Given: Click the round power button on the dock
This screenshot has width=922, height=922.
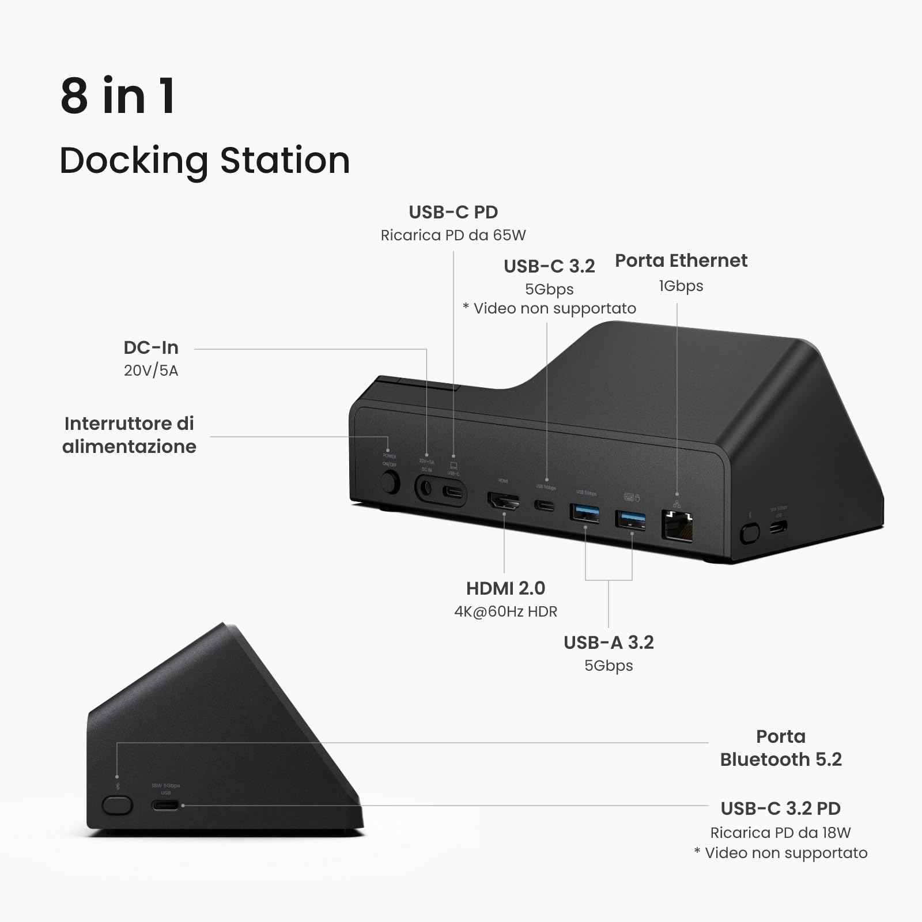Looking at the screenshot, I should [390, 483].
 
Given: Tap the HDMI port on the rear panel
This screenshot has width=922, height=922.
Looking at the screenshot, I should [504, 501].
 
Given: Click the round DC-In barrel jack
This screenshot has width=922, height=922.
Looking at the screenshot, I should [425, 489].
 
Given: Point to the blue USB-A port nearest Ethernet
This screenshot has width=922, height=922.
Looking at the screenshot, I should [630, 520].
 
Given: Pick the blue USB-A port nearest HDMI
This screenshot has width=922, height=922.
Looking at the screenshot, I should [585, 512].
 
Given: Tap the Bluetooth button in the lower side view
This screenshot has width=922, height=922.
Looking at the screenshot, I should [117, 805].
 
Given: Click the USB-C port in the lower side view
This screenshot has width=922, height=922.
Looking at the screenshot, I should [166, 805].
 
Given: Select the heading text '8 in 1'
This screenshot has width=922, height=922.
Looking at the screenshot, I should [118, 96].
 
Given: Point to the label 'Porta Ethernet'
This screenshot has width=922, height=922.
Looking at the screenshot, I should [681, 260].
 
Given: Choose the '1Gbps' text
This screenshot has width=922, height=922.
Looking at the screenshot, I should [681, 286].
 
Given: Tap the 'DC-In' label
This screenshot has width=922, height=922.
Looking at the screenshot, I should [151, 347].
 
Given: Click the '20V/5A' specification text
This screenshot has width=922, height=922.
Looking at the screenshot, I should [151, 370].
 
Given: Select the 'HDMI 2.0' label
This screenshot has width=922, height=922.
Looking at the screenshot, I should [505, 588].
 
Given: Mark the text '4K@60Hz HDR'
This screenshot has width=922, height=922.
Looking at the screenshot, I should [505, 611].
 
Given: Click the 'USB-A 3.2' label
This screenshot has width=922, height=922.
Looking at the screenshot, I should [609, 643].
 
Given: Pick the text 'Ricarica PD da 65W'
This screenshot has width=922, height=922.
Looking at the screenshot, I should [453, 235].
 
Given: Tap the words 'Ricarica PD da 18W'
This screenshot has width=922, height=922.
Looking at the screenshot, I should [780, 833].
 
